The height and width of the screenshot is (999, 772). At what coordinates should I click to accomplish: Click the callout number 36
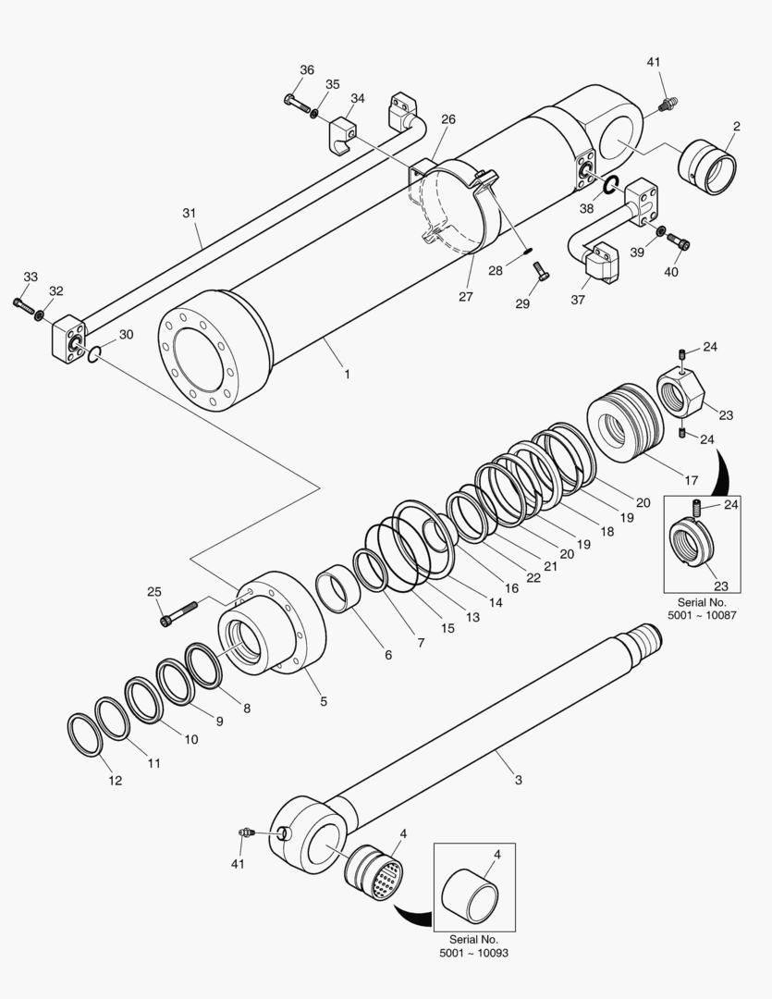coord(307,70)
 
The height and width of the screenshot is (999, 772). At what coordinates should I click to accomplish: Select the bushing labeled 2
coord(708,167)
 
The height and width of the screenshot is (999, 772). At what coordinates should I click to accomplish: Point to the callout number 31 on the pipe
coord(190,213)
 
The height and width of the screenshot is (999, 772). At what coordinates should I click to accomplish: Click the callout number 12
coord(115,780)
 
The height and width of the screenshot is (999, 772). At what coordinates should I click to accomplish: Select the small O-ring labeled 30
coord(96,353)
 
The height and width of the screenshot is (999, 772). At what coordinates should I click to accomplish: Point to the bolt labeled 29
coord(541,271)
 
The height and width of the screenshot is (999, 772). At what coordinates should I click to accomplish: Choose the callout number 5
coord(324,701)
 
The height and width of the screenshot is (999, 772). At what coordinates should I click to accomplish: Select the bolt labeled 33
coord(23,302)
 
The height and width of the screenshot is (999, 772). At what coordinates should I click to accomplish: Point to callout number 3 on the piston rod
coord(518,780)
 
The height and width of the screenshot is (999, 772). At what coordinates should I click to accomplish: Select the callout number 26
coord(447,120)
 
